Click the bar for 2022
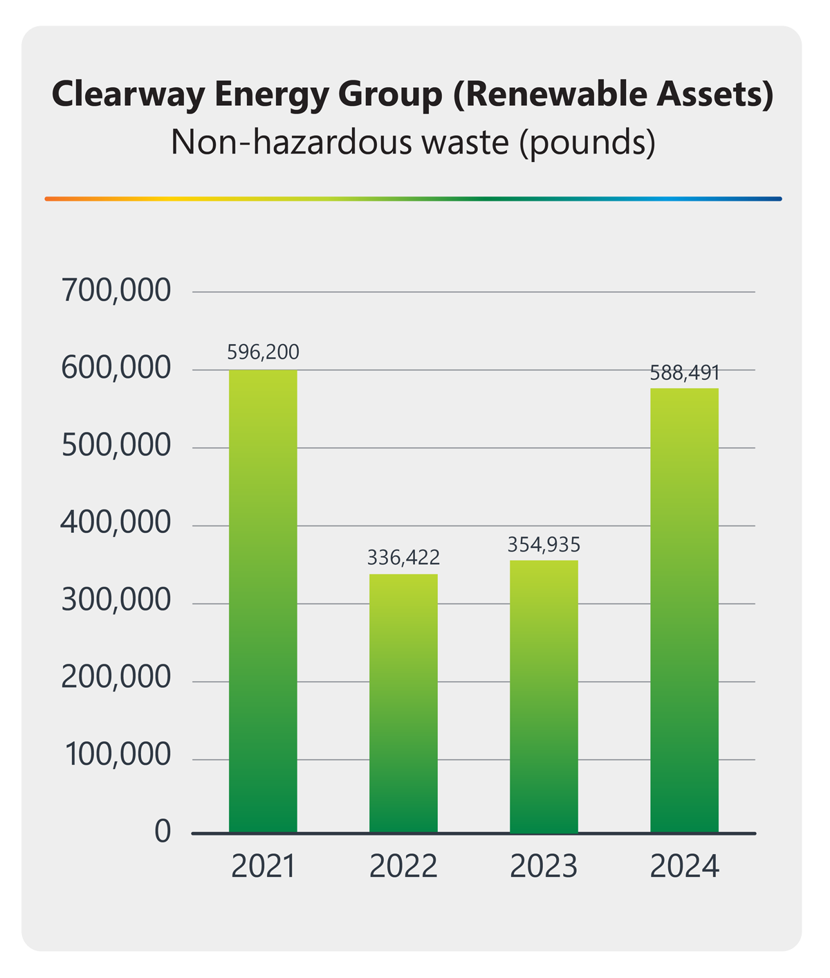[x=403, y=703]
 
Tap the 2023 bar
[x=544, y=696]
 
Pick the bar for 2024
[x=684, y=610]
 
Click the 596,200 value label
[x=264, y=352]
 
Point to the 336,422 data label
[x=403, y=556]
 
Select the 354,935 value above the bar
[x=544, y=544]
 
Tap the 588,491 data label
[x=685, y=373]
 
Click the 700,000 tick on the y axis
[x=116, y=291]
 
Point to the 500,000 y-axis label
[x=116, y=446]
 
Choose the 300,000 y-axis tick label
[x=116, y=601]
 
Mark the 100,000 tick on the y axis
[x=118, y=755]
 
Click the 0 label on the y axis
[x=163, y=831]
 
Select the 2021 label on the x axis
[x=263, y=867]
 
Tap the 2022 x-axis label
[x=403, y=867]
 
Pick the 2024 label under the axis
[x=685, y=867]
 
